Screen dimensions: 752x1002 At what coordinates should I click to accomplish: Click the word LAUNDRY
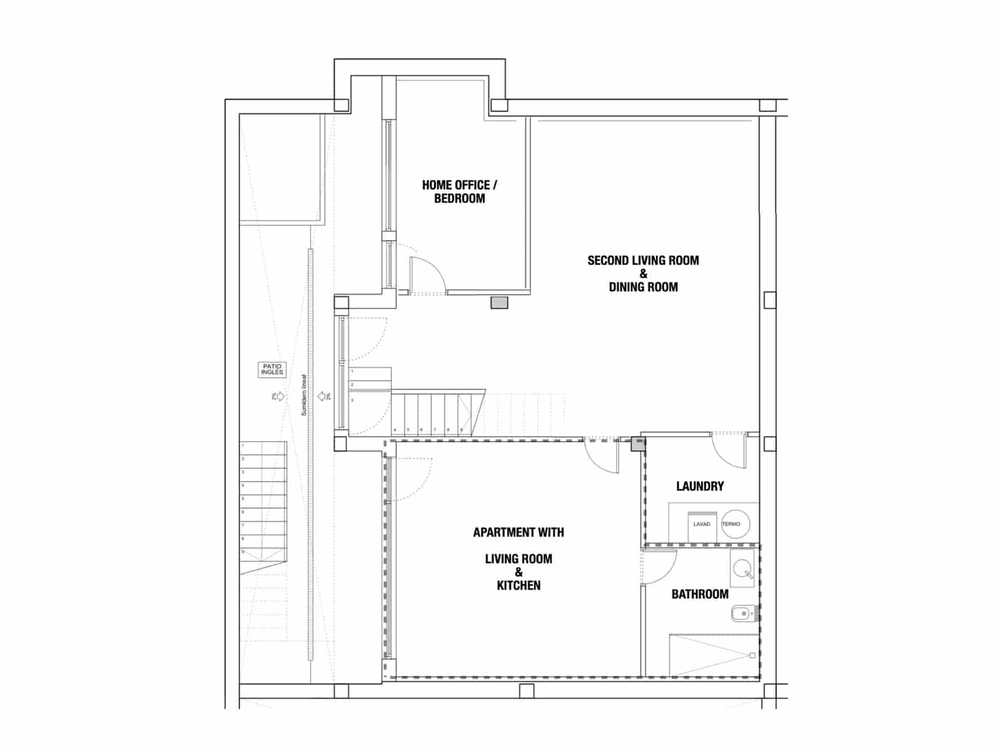pyautogui.click(x=700, y=486)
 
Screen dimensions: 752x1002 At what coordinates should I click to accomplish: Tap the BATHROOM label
pyautogui.click(x=700, y=594)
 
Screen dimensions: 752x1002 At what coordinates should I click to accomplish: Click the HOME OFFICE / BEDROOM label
pyautogui.click(x=459, y=192)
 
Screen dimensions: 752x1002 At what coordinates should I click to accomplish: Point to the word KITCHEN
pyautogui.click(x=518, y=585)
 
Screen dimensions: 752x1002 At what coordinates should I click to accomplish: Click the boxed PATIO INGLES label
pyautogui.click(x=273, y=369)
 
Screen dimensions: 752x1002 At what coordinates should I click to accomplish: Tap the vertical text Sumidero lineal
pyautogui.click(x=305, y=395)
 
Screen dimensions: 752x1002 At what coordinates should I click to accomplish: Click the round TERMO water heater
pyautogui.click(x=735, y=524)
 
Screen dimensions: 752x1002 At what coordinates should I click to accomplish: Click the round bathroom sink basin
pyautogui.click(x=743, y=569)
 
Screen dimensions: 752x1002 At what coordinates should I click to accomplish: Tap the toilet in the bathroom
pyautogui.click(x=743, y=614)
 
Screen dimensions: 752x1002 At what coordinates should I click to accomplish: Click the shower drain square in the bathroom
pyautogui.click(x=753, y=656)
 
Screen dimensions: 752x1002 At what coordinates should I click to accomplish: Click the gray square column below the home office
pyautogui.click(x=499, y=303)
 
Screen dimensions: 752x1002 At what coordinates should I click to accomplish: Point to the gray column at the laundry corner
pyautogui.click(x=637, y=444)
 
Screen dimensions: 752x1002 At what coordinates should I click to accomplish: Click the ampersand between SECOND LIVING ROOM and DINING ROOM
pyautogui.click(x=643, y=274)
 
